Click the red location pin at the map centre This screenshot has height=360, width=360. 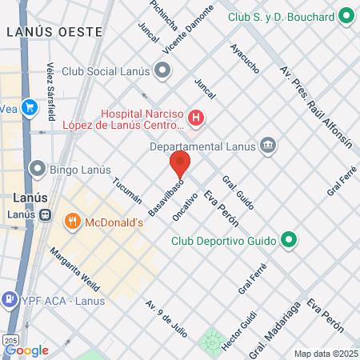pos(179,164)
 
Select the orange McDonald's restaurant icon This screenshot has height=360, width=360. pos(72,222)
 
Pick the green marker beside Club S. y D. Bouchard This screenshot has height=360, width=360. pos(346,16)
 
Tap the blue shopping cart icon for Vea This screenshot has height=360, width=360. pos(29,107)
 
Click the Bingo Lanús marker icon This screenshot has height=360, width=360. pos(36,169)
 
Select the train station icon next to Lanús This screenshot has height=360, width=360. pos(47,214)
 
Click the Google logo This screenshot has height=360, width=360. pos(26,350)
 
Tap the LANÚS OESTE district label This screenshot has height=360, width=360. pos(54,32)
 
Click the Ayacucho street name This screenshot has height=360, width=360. pos(243,58)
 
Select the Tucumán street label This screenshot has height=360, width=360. pos(127,190)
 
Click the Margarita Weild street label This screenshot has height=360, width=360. pos(74,269)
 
